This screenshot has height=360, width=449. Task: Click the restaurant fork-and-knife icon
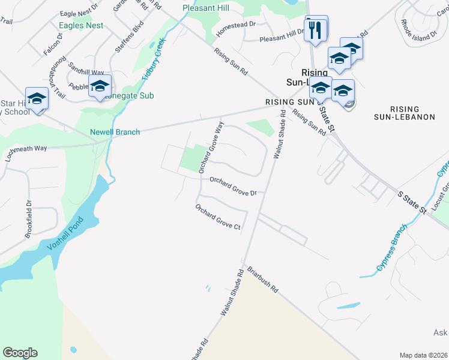[316, 28]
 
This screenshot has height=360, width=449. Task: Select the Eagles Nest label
[81, 26]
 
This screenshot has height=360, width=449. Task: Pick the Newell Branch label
[115, 132]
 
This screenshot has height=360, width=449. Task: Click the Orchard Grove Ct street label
[217, 217]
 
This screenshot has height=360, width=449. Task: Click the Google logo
[20, 353]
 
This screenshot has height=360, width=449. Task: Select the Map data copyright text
[423, 355]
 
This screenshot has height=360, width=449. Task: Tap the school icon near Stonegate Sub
[100, 86]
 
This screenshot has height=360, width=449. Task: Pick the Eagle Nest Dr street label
[79, 12]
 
